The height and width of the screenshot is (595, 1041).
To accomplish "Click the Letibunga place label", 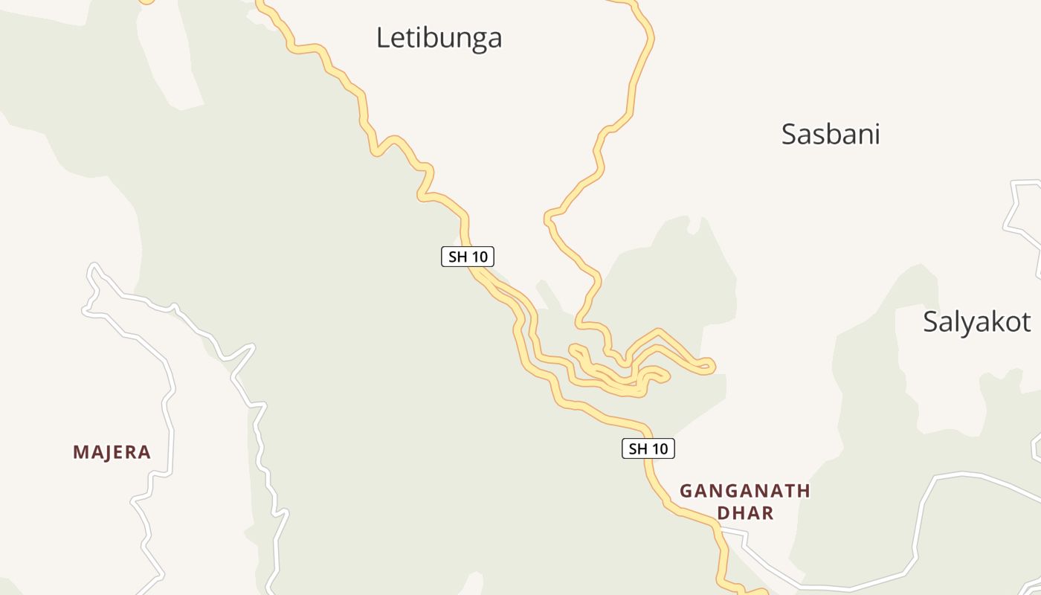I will [439, 37].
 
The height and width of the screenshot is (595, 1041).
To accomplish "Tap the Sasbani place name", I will [831, 134].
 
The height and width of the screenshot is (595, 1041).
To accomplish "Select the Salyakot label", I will [976, 321].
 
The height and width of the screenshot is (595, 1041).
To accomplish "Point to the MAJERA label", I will [112, 452].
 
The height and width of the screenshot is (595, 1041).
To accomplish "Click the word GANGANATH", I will [745, 491].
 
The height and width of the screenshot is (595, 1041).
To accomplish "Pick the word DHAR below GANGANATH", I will [745, 513].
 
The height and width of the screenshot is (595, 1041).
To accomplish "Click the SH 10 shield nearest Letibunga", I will [468, 257].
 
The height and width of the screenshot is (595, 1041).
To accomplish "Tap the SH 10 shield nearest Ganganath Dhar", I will [648, 448].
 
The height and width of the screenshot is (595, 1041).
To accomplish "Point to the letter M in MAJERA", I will [80, 452].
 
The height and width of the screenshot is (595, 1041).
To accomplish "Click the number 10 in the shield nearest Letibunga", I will [479, 257].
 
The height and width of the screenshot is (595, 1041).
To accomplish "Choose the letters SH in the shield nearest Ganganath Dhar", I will [638, 448].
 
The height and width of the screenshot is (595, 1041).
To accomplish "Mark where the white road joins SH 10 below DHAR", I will [720, 530].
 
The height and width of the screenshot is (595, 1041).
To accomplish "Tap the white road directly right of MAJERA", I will [170, 451].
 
